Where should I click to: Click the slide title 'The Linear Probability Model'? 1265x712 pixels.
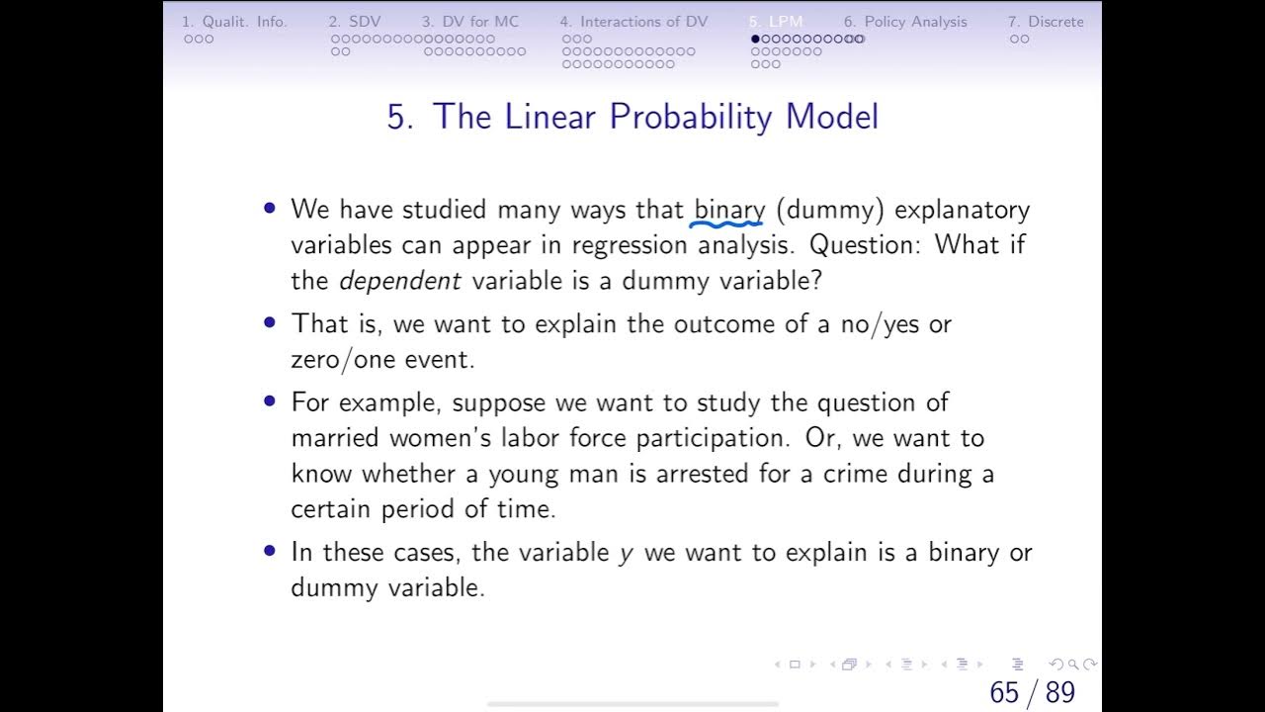632,117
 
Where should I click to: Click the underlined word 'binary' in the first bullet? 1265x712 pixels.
729,210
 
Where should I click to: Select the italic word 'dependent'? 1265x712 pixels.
400,281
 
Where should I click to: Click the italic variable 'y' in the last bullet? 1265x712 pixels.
626,554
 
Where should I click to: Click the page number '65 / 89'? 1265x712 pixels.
1032,692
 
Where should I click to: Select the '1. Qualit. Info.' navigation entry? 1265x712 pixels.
234,22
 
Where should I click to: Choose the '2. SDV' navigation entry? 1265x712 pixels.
354,22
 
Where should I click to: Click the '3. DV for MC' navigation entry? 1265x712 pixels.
469,22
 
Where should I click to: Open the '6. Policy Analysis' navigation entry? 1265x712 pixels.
905,22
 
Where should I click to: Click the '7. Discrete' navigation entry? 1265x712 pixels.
1046,22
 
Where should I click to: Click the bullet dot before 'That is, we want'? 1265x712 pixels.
270,323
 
